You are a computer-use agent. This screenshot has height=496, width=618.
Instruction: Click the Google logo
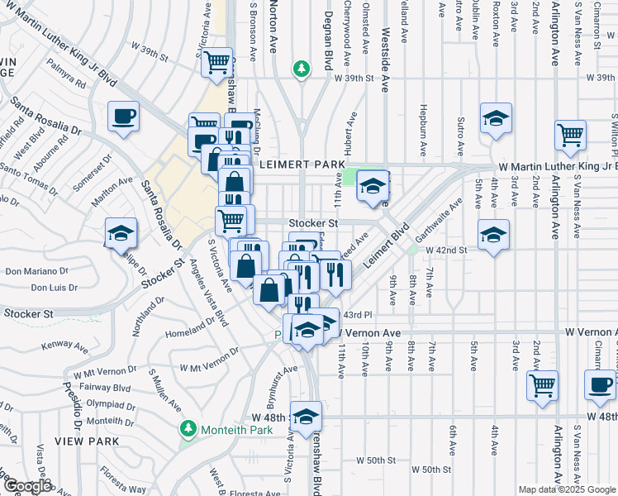pyautogui.click(x=26, y=487)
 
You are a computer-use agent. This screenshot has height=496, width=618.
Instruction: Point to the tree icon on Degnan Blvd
pyautogui.click(x=303, y=69)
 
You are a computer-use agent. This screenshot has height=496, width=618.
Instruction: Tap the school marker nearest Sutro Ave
pyautogui.click(x=496, y=119)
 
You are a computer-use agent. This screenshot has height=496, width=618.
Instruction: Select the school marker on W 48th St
pyautogui.click(x=306, y=417)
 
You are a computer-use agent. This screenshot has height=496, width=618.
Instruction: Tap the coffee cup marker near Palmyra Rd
pyautogui.click(x=123, y=116)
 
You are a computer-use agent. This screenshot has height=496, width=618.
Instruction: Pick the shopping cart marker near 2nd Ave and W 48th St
pyautogui.click(x=543, y=384)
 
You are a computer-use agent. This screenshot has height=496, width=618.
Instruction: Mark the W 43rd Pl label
pyautogui.click(x=358, y=315)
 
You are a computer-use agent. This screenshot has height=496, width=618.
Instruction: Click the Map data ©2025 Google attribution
pyautogui.click(x=566, y=489)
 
